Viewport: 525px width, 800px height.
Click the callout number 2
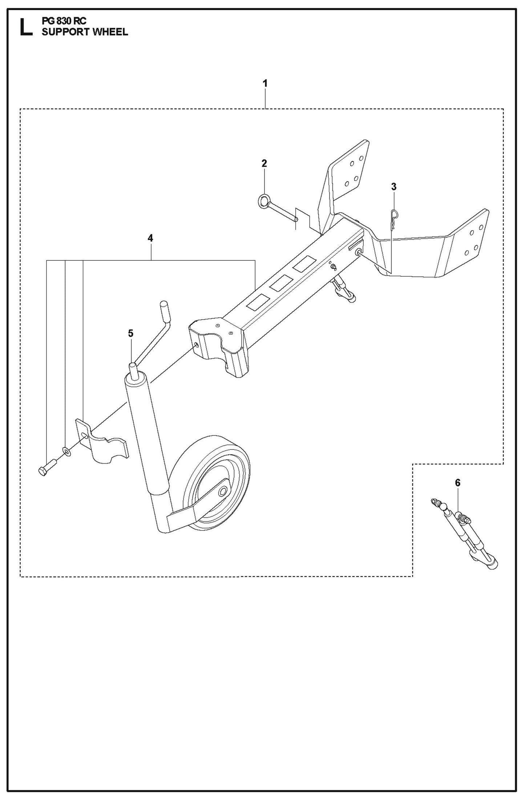(264, 163)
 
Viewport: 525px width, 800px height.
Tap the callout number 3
(393, 187)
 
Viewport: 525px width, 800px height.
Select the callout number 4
(150, 238)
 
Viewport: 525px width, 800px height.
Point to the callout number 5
(130, 333)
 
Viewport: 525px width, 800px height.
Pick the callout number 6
(457, 483)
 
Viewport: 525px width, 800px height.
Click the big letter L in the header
(26, 28)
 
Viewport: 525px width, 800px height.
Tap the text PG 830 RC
(64, 22)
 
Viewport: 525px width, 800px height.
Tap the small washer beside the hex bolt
(67, 451)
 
